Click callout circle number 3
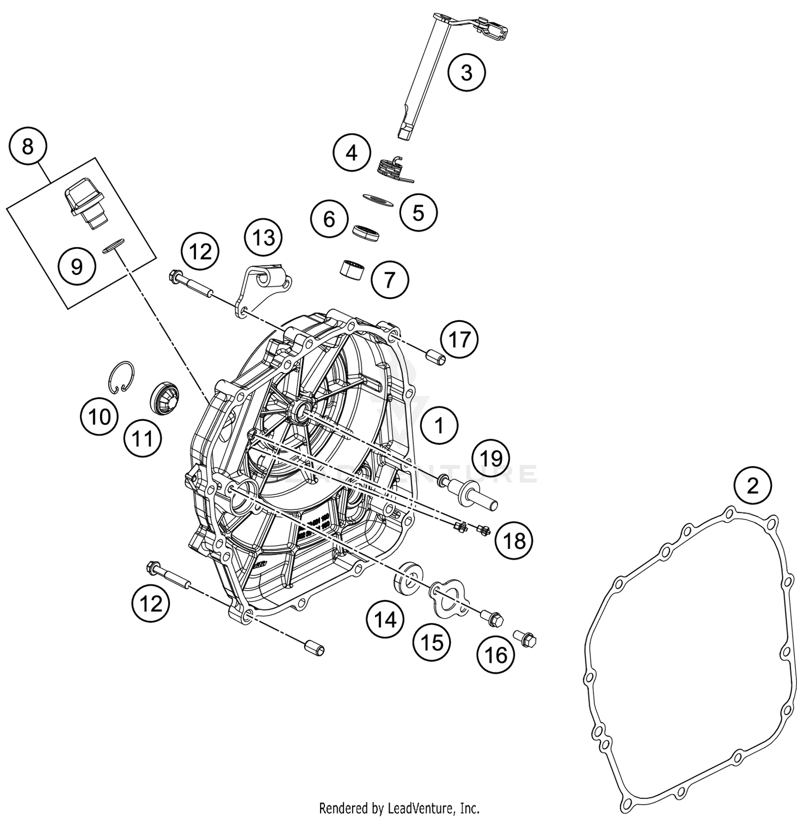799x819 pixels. click(x=467, y=72)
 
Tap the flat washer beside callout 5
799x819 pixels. click(x=378, y=200)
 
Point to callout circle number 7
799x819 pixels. click(x=390, y=279)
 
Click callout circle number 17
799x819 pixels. click(x=460, y=339)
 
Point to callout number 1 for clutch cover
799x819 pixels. click(x=439, y=426)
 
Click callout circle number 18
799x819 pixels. click(x=514, y=541)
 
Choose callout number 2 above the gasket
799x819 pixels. click(x=752, y=485)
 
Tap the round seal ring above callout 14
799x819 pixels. click(x=409, y=577)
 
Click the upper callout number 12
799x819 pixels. click(x=200, y=251)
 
